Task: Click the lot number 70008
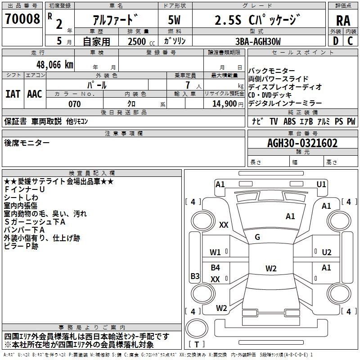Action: tap(22, 19)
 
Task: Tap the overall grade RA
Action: tap(343, 21)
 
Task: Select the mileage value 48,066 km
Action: tap(55, 65)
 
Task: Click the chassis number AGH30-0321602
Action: tap(302, 143)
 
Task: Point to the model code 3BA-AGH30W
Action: tap(258, 41)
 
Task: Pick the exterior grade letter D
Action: tap(336, 41)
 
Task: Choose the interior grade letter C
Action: tap(350, 41)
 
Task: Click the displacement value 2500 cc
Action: tap(141, 42)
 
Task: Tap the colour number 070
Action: tap(75, 104)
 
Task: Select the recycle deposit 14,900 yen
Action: tap(228, 104)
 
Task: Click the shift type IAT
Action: tap(13, 94)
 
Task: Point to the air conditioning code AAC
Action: tap(35, 94)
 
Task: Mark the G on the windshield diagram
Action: tap(257, 237)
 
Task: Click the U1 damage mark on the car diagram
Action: tap(321, 184)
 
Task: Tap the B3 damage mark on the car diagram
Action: tap(195, 276)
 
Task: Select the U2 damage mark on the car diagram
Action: tap(327, 252)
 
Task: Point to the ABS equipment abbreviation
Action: tap(289, 121)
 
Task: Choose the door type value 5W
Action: tap(174, 20)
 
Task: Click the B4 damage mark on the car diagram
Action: tap(216, 267)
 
